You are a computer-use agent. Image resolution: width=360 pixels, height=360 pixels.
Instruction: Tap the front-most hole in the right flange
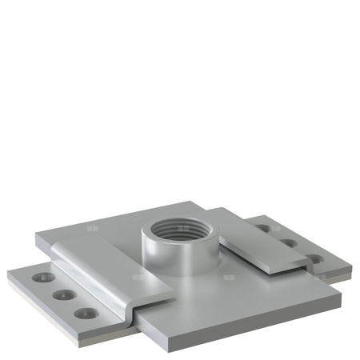(x=314, y=259)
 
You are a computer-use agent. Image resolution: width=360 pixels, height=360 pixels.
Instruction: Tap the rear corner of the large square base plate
(x=194, y=202)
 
